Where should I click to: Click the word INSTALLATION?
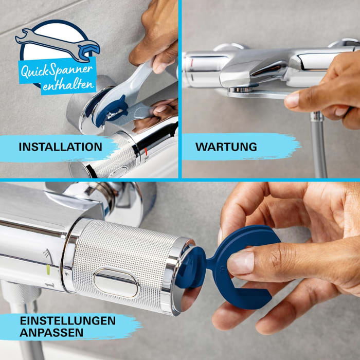[60, 147]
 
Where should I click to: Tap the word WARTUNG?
[226, 147]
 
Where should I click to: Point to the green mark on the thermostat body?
[48, 268]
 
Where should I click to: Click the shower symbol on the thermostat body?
[47, 253]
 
